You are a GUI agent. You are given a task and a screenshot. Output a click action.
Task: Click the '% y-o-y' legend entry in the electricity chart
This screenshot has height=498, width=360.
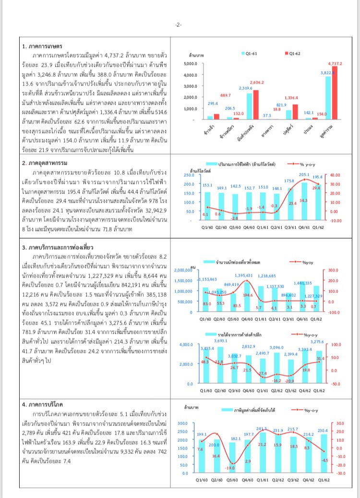[294, 164]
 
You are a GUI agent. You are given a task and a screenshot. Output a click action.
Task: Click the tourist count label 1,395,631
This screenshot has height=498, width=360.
[244, 275]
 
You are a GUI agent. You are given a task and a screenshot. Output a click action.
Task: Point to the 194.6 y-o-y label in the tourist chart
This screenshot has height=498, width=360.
[248, 295]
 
